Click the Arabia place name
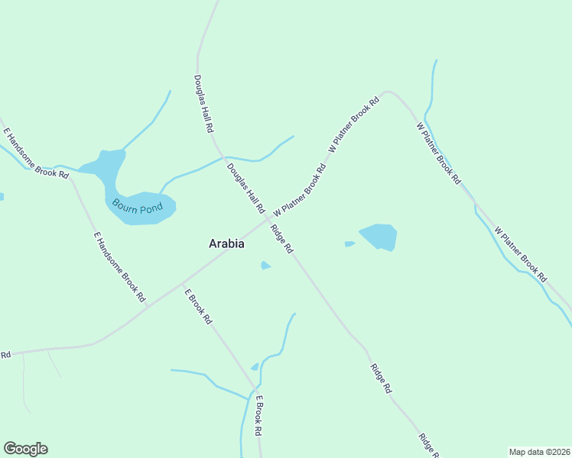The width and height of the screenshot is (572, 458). (226, 244)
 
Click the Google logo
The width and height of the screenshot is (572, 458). (25, 449)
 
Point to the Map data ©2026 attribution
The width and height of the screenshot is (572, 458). (540, 451)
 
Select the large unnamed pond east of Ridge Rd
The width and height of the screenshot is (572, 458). (379, 237)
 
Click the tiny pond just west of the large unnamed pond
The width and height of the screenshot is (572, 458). (349, 244)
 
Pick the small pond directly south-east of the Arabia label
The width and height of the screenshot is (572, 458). (265, 266)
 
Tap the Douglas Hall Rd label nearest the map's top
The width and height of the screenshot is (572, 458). (203, 104)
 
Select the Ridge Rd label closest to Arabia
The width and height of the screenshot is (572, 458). (281, 238)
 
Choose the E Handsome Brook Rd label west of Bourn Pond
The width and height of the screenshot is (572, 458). (36, 153)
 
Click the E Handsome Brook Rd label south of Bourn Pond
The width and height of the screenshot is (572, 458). (119, 267)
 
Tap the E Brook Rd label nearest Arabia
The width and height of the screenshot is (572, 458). (197, 305)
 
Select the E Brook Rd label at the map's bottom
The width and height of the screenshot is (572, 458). (259, 416)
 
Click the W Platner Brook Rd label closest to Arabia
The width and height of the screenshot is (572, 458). (299, 189)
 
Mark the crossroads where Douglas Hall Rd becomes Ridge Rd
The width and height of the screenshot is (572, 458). (269, 221)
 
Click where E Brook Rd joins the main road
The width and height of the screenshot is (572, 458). (180, 284)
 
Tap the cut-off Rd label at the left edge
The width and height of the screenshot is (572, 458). (5, 355)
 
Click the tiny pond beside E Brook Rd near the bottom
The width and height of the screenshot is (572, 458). (255, 367)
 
